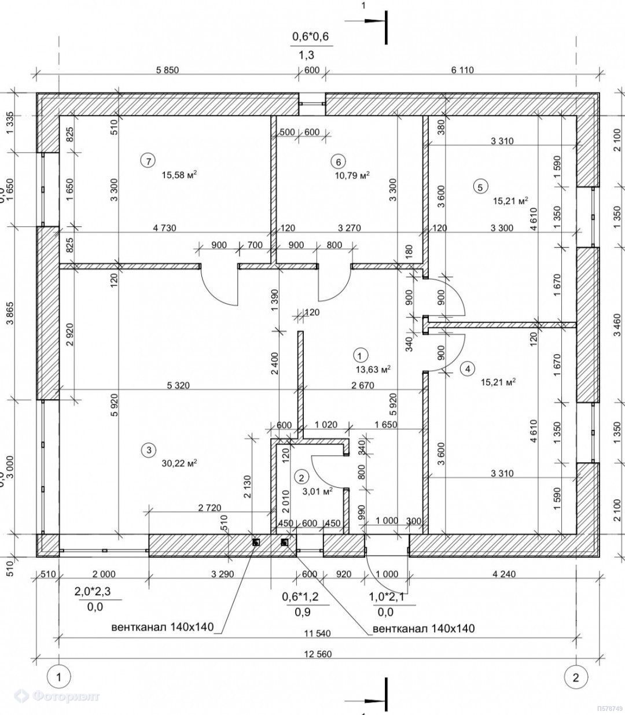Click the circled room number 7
click(x=149, y=160)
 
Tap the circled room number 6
click(x=338, y=160)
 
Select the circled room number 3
click(x=149, y=449)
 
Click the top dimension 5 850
click(x=168, y=71)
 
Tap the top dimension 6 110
click(x=462, y=71)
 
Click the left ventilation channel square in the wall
click(x=256, y=542)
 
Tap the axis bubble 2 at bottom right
click(x=575, y=676)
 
